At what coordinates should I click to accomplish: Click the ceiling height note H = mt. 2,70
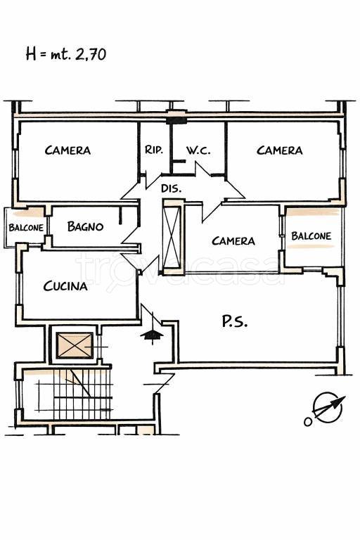click(66, 54)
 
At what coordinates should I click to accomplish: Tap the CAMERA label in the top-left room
click(68, 150)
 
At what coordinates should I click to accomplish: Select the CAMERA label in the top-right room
click(280, 150)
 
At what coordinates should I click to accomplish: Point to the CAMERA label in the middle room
click(233, 240)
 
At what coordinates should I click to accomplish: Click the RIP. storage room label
click(154, 150)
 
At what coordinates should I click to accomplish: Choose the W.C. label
click(198, 150)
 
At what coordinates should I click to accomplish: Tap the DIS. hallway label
click(172, 188)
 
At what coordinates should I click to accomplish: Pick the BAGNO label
click(86, 226)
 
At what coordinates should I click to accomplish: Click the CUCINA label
click(65, 286)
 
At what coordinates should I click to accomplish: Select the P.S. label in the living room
click(234, 321)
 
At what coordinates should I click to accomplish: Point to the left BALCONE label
click(26, 228)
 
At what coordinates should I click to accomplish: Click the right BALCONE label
click(311, 236)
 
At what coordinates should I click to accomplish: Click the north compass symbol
click(326, 409)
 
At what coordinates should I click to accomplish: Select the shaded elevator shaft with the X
click(75, 345)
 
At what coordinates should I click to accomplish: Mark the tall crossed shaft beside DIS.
click(172, 237)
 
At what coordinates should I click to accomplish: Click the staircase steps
click(75, 394)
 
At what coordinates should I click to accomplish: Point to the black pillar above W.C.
click(176, 120)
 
